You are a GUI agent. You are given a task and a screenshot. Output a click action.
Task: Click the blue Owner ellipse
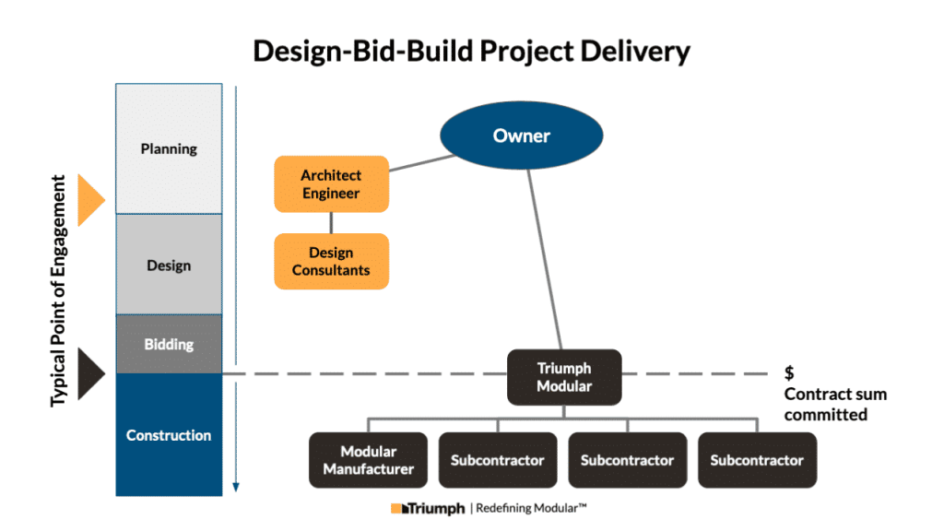[x=521, y=136]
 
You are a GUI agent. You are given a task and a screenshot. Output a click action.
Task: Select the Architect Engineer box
[x=331, y=184]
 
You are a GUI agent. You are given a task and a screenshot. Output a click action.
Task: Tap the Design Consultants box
[x=331, y=261]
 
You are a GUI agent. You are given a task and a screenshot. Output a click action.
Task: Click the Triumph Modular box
[x=564, y=377]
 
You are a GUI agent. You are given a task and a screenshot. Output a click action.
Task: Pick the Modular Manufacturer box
[x=368, y=460]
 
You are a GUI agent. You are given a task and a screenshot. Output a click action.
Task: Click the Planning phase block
[x=169, y=148]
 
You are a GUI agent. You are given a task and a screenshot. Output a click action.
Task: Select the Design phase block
[x=169, y=265]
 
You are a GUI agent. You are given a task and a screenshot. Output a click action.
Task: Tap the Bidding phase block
[x=169, y=344]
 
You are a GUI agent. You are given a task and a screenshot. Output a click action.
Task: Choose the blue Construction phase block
[x=169, y=434]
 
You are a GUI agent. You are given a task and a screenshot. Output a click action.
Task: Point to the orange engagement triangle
[x=89, y=199]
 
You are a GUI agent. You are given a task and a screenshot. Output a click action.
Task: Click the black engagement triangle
[x=89, y=373]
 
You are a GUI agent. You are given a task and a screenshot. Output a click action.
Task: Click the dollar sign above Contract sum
[x=789, y=373]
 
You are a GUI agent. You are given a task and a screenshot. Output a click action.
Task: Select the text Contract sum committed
[x=835, y=404]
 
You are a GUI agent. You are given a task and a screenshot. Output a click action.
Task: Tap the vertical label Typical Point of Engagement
[x=59, y=290]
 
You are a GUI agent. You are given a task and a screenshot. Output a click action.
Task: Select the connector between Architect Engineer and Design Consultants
[x=331, y=222]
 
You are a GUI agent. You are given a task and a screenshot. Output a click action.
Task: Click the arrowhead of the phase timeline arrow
[x=236, y=486]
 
